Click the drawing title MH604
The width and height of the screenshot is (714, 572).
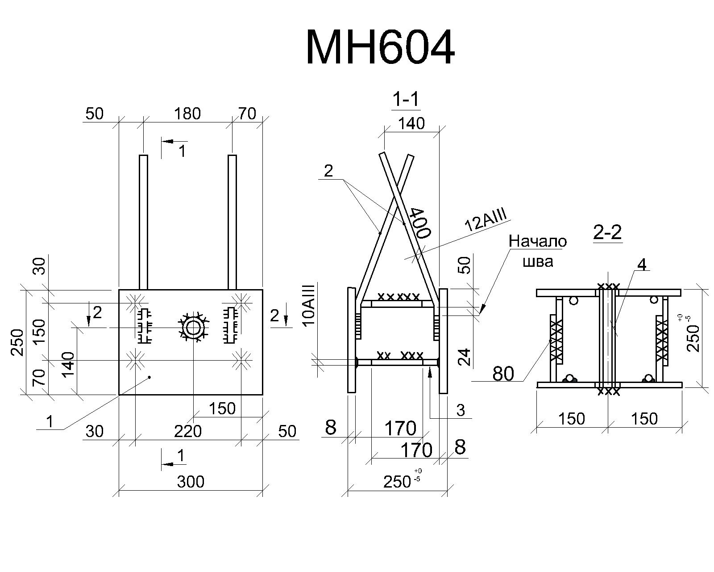(x=380, y=47)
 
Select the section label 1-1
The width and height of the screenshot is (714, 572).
(x=406, y=99)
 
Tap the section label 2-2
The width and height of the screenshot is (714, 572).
(x=607, y=232)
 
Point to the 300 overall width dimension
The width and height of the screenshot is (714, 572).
(x=191, y=482)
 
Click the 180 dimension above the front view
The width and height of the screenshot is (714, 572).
(x=187, y=114)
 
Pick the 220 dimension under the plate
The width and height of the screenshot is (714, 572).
(x=188, y=431)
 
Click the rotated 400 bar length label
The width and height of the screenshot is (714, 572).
(x=420, y=223)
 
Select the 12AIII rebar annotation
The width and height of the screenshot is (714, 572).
(x=486, y=220)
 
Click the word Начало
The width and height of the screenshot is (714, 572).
(x=538, y=242)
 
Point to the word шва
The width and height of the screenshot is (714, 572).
(x=538, y=261)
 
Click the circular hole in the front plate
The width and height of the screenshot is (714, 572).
(x=193, y=328)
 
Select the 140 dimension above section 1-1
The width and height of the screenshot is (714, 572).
(x=411, y=123)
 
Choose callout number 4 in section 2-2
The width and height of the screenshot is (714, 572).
(x=642, y=265)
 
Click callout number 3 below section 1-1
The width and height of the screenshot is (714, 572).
(x=461, y=411)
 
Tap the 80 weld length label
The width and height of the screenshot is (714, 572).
(x=503, y=374)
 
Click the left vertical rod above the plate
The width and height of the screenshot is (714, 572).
(x=143, y=222)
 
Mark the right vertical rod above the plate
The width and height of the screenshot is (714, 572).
(x=232, y=222)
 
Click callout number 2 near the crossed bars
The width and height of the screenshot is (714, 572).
(x=328, y=171)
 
